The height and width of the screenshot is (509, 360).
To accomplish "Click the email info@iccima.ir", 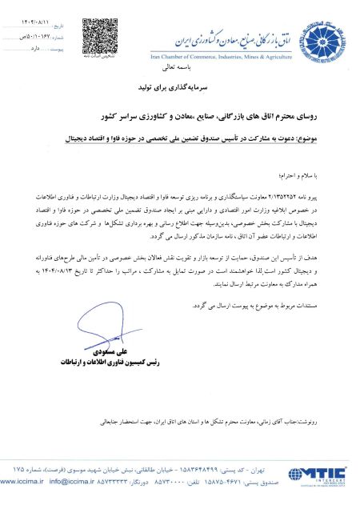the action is tap(71, 484).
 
